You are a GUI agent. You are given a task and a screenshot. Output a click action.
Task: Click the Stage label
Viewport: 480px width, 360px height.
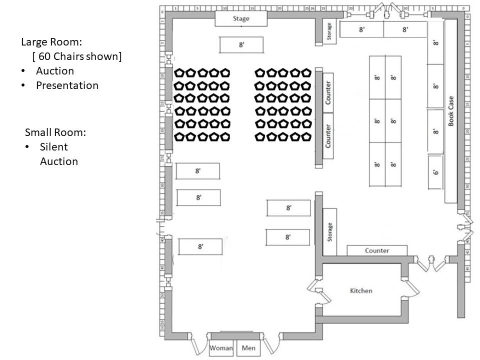pyautogui.click(x=241, y=19)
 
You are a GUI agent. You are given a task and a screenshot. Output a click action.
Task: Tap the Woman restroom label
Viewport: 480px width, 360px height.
pyautogui.click(x=221, y=348)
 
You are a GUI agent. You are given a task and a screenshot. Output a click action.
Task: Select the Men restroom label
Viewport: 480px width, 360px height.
pyautogui.click(x=248, y=348)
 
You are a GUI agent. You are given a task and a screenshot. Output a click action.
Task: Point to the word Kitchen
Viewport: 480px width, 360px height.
pyautogui.click(x=361, y=290)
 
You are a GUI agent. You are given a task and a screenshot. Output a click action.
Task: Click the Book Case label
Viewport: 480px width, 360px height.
pyautogui.click(x=451, y=111)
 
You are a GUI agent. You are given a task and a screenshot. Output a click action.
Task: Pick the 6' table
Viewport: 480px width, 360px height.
pyautogui.click(x=435, y=172)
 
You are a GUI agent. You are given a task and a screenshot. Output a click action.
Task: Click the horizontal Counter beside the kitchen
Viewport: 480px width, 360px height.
pyautogui.click(x=377, y=250)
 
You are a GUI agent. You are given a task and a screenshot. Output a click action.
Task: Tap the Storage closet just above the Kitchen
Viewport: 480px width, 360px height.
pyautogui.click(x=329, y=232)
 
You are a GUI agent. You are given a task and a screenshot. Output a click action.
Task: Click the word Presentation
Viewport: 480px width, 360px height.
pyautogui.click(x=67, y=85)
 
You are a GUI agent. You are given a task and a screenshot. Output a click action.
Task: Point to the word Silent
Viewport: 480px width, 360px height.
pyautogui.click(x=53, y=147)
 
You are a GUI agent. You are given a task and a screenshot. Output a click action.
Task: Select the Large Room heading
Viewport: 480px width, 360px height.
pyautogui.click(x=51, y=42)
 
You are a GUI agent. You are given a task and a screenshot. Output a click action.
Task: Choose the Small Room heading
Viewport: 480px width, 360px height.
pyautogui.click(x=55, y=132)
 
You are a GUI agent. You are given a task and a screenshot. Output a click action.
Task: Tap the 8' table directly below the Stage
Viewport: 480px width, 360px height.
pyautogui.click(x=241, y=45)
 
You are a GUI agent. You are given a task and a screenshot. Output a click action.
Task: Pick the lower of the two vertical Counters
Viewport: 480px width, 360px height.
pyautogui.click(x=328, y=136)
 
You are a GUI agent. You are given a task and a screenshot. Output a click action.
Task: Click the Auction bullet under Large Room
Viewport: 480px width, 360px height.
pyautogui.click(x=54, y=71)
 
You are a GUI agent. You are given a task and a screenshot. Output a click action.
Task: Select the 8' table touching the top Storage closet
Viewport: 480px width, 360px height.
pyautogui.click(x=361, y=29)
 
